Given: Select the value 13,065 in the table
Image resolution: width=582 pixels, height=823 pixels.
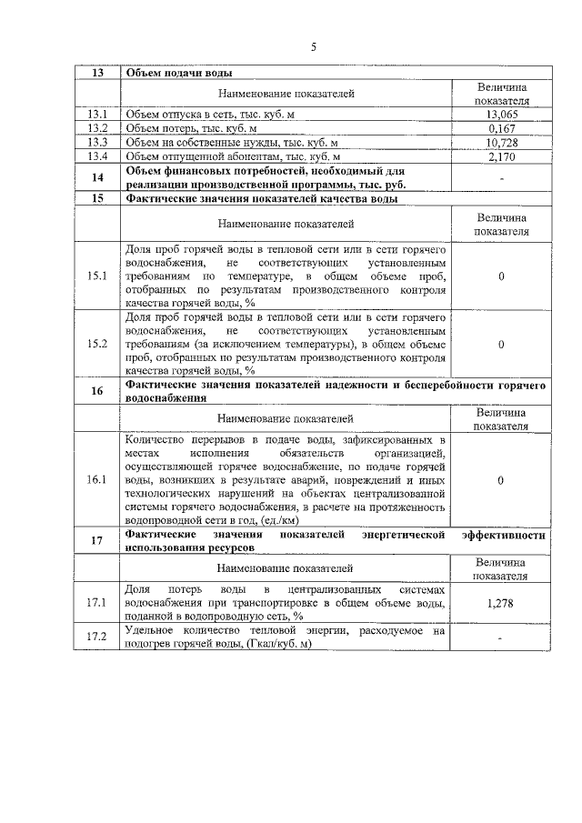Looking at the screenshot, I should [502, 115].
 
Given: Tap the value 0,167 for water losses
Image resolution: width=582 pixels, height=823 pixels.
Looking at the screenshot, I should [502, 128].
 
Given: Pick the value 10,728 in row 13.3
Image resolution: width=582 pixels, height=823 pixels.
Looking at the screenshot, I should [502, 143].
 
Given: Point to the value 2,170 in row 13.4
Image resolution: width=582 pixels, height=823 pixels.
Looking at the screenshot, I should [502, 156].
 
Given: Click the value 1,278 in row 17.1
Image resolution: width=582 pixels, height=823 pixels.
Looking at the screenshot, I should [502, 603].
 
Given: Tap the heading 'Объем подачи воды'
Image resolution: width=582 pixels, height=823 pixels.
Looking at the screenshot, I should [178, 73].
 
